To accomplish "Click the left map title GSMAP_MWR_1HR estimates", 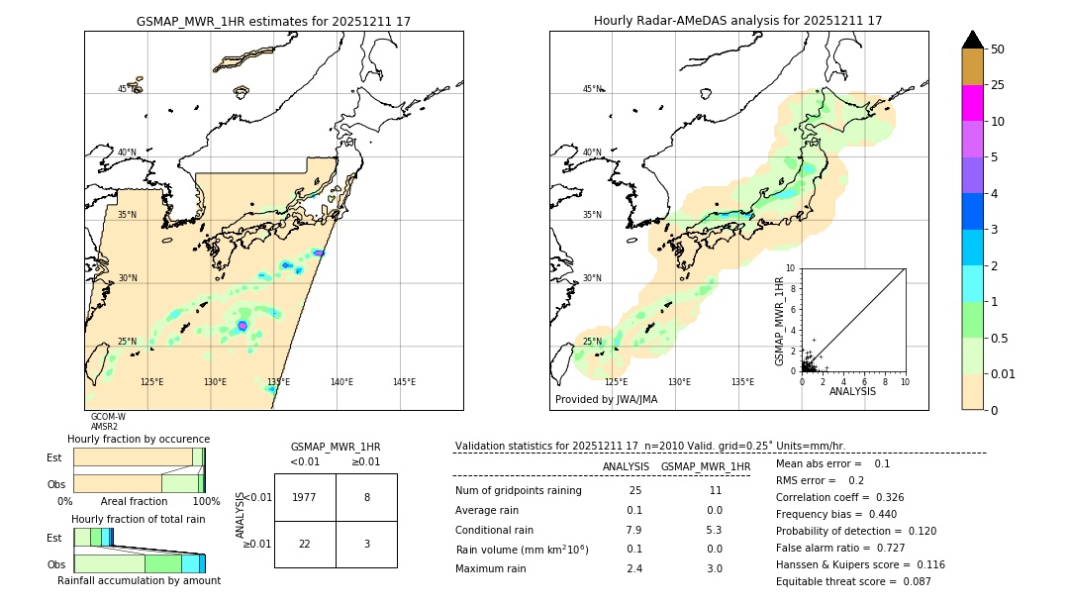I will click(x=273, y=21).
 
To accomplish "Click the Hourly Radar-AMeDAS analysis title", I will click(x=737, y=21).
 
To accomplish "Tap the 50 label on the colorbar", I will click(x=998, y=50).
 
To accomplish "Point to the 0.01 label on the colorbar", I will click(x=1005, y=373).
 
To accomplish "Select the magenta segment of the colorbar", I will click(x=972, y=103).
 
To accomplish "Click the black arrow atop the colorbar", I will click(x=972, y=40).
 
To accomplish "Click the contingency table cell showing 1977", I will click(x=305, y=497).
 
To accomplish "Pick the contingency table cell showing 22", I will click(x=305, y=545).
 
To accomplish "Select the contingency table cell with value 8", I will click(x=366, y=497).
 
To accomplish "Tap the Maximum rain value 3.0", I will click(x=714, y=568).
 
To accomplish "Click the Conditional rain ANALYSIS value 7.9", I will click(x=633, y=529).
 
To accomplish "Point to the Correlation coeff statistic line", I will click(x=839, y=497).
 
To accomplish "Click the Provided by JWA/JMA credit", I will click(x=606, y=400).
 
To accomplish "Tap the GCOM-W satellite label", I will click(x=108, y=417).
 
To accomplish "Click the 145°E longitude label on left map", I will click(x=404, y=382).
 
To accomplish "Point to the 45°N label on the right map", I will click(x=591, y=89).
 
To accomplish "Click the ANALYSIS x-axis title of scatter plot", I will click(x=852, y=391).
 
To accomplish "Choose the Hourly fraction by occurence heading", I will click(x=139, y=439).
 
